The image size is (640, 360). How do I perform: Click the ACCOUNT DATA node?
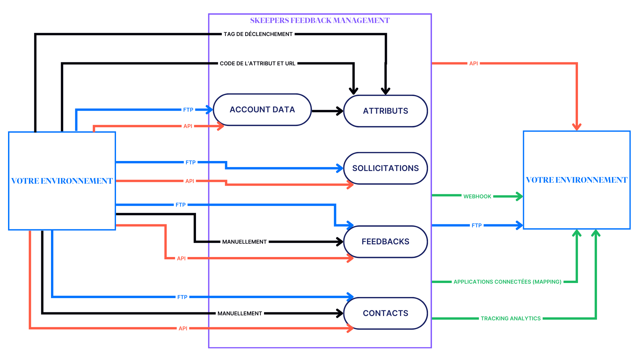point(262,110)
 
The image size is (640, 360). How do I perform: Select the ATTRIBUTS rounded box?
point(385,111)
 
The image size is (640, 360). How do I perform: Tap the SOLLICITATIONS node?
point(385,168)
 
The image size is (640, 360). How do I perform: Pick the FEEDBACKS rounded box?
point(385,242)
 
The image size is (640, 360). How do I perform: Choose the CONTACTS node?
point(385,313)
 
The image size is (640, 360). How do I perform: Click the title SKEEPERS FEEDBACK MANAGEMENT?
point(320,21)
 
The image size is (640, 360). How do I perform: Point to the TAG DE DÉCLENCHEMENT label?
point(258,34)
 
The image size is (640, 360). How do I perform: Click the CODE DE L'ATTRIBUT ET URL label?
point(257,63)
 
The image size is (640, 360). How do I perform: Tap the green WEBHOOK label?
point(477,196)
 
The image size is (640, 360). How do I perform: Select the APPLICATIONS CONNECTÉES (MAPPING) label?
point(507,282)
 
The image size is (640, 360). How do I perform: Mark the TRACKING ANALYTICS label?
point(510,318)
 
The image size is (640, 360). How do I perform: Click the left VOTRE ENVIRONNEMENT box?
point(62,181)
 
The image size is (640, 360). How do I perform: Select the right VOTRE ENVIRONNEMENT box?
point(577,180)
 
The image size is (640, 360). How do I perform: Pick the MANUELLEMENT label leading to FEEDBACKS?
point(244,242)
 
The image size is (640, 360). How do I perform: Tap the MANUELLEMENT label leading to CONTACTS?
point(240,313)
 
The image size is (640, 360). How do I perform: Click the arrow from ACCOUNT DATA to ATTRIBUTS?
point(327,111)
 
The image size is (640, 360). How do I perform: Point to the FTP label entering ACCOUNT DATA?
point(188,110)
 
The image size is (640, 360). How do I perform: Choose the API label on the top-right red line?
point(473,63)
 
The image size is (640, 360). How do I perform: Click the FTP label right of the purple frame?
point(476,225)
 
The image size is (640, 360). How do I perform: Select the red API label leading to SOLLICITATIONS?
point(189,181)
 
